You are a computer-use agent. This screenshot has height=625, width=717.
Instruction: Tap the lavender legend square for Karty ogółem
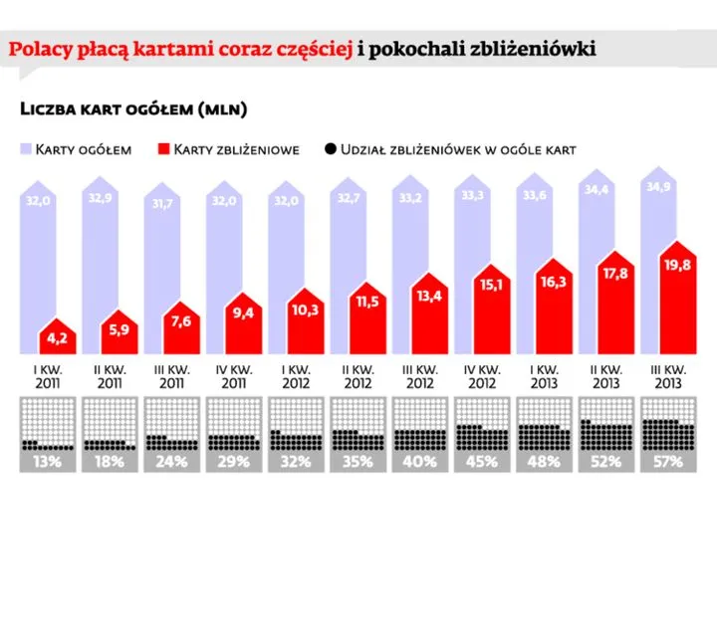[26, 149]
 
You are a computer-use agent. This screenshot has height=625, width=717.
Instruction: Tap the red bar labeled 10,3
[306, 320]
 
